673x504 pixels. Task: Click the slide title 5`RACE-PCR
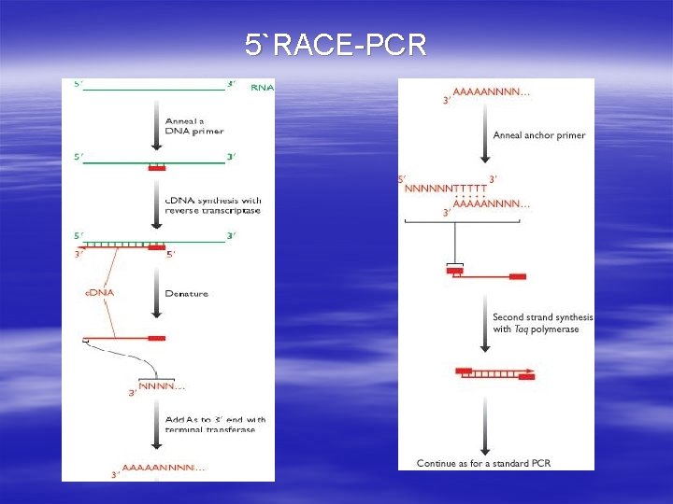click(x=336, y=44)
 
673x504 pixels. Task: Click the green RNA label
click(x=263, y=88)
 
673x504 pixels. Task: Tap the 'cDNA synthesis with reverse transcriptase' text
click(x=213, y=205)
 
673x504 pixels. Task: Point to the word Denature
click(x=186, y=294)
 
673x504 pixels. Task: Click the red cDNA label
click(x=99, y=294)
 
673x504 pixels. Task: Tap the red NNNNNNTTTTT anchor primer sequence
click(x=447, y=188)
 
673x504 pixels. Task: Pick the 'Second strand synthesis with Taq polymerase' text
click(x=542, y=323)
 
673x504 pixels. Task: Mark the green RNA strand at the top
click(x=154, y=89)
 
